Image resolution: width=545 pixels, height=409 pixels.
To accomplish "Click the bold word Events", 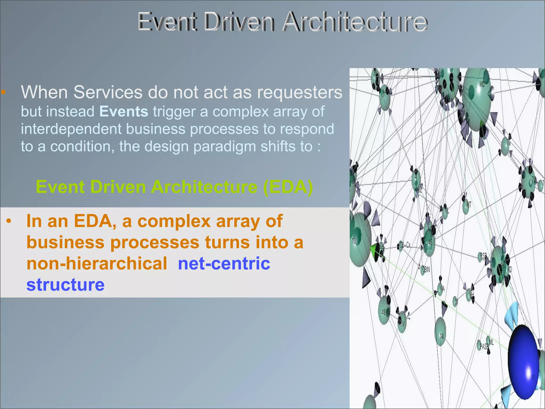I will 124,111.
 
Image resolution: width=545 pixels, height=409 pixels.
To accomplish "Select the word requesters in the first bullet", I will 299,92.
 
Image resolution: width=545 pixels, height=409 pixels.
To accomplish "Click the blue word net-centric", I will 224,263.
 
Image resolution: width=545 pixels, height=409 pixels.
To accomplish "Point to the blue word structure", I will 65,284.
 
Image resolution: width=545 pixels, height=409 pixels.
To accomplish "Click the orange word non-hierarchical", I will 97,263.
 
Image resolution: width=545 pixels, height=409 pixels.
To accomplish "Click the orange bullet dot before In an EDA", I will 9,221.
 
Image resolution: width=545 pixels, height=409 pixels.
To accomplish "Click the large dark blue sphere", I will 523,362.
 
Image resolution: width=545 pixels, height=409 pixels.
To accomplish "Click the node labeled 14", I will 440,332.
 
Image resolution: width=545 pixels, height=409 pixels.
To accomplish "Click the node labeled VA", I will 440,289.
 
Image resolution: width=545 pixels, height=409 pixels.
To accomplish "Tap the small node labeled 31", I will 455,302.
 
